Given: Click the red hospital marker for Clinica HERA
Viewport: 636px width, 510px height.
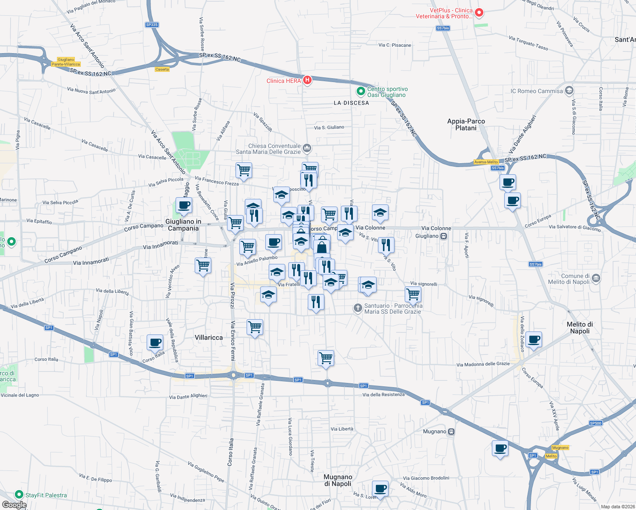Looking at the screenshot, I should (307, 80).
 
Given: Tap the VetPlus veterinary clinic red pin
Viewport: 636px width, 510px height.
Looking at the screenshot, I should (479, 13).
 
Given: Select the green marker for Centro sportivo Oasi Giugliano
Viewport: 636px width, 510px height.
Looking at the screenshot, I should (361, 91).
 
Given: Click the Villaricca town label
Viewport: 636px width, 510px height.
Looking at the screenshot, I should (209, 337).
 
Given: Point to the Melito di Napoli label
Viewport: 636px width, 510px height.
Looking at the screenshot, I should (579, 328).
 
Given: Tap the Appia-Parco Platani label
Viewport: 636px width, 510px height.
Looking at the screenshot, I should (466, 125).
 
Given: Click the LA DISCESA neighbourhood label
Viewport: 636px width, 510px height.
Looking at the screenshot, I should (351, 103).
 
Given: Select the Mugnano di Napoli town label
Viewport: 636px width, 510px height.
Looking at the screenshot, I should (338, 480).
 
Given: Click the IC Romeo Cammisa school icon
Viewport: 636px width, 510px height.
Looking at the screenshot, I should (569, 91).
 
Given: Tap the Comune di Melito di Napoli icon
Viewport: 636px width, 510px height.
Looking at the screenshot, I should (596, 278).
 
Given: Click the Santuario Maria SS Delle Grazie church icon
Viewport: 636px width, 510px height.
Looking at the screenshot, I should (358, 308).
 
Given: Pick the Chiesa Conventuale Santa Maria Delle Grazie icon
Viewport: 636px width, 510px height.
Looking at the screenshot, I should (307, 148).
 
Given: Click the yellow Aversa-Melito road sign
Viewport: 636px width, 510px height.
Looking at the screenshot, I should (486, 162).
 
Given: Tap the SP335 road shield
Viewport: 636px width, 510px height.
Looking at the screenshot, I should (152, 25).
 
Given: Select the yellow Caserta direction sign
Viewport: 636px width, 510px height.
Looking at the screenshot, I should (162, 69).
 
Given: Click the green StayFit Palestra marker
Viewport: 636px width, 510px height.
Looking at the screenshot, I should (19, 494).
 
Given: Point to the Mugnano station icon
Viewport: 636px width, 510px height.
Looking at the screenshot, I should (451, 432).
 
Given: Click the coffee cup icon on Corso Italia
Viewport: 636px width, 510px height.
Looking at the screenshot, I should (155, 343).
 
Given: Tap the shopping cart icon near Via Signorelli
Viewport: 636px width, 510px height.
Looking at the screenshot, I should (413, 294).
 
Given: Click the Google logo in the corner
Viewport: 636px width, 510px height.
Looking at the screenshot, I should (14, 505).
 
